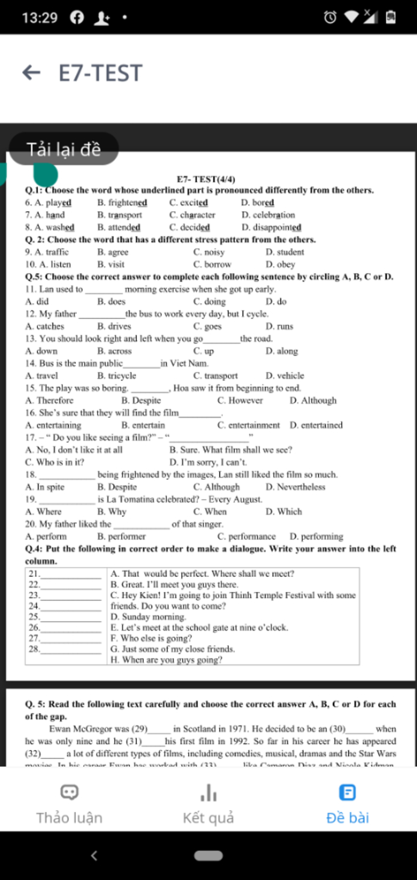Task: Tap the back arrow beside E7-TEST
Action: (x=31, y=73)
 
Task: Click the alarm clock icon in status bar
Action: (x=330, y=17)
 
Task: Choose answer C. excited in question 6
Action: (x=189, y=203)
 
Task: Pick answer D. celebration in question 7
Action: (x=268, y=215)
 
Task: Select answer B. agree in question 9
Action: (x=113, y=252)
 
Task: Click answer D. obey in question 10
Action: (x=280, y=265)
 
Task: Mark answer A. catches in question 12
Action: (x=45, y=326)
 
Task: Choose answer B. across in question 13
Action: (x=114, y=351)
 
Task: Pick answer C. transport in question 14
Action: (x=215, y=376)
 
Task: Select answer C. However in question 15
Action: (x=240, y=401)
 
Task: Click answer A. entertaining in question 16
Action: (x=53, y=425)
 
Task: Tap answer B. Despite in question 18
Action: (x=117, y=487)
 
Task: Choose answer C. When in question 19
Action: (x=210, y=512)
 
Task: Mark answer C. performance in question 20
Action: (x=246, y=536)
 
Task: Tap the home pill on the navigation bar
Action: (x=208, y=856)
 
